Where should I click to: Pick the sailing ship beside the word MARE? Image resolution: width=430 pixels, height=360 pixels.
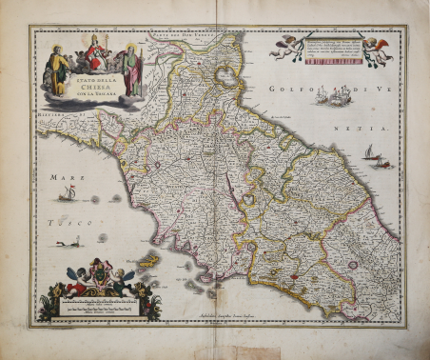point(68,194)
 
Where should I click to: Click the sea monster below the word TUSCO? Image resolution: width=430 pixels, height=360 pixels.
point(68,243)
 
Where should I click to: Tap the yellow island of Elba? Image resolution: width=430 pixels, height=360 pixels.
point(148,259)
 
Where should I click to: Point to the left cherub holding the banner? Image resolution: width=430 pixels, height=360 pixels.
point(283,45)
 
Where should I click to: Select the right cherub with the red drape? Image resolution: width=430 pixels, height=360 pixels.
point(378,50)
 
